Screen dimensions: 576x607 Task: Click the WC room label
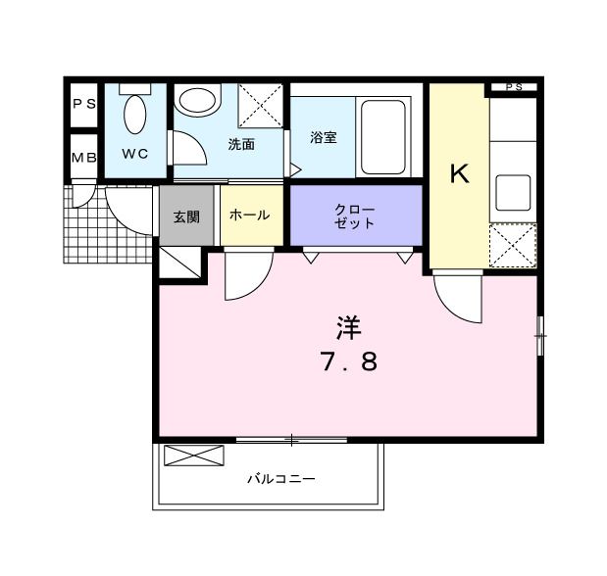click(134, 154)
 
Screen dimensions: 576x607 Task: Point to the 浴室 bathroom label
click(324, 138)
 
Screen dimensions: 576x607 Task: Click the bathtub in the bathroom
click(383, 137)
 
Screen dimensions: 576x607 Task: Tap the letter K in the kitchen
click(458, 175)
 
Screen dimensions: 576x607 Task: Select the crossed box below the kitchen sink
click(513, 245)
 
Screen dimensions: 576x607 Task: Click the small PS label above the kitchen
click(514, 88)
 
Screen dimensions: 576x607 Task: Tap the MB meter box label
click(82, 157)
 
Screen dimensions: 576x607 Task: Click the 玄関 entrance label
click(186, 216)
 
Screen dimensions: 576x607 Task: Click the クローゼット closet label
click(354, 216)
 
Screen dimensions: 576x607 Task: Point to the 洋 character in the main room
click(347, 327)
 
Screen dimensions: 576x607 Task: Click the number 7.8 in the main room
click(347, 362)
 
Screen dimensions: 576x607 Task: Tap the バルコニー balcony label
click(280, 480)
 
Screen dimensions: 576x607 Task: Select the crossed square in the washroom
click(260, 104)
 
